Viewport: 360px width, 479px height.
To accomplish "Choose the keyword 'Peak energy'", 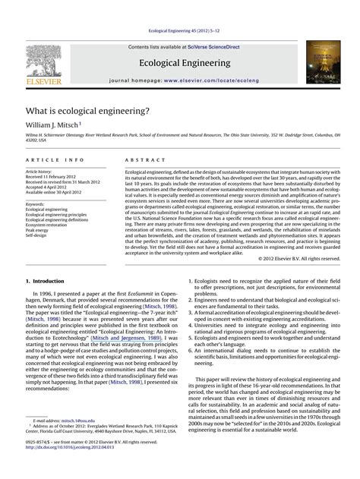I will pyautogui.click(x=40, y=230).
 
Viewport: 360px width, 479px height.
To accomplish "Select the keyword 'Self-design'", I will pyautogui.click(x=39, y=235).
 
